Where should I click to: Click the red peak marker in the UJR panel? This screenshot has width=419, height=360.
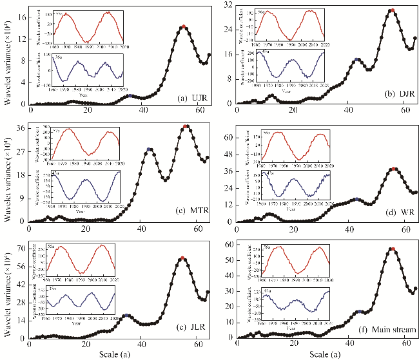click(x=184, y=26)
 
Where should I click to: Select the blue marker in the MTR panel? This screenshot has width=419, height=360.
click(x=150, y=149)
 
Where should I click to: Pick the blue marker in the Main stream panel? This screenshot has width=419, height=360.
click(x=360, y=312)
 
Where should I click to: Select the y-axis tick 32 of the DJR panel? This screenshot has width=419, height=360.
click(x=228, y=5)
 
